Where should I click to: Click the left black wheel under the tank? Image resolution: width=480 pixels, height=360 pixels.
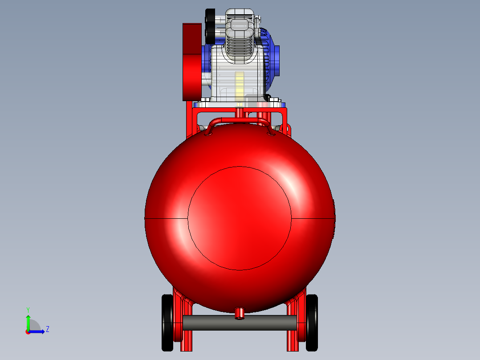(x=167, y=322)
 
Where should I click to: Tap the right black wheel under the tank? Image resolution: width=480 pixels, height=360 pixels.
(x=312, y=322)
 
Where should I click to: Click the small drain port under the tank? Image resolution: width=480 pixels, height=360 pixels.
(x=240, y=313)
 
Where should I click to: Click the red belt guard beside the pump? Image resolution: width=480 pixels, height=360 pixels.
(x=191, y=62)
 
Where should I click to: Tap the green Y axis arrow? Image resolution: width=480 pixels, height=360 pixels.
(x=28, y=321)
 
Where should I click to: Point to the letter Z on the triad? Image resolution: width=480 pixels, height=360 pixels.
(x=47, y=329)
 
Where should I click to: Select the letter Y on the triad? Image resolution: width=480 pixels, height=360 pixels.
(x=28, y=309)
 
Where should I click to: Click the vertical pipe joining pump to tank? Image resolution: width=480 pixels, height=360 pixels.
(x=240, y=113)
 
